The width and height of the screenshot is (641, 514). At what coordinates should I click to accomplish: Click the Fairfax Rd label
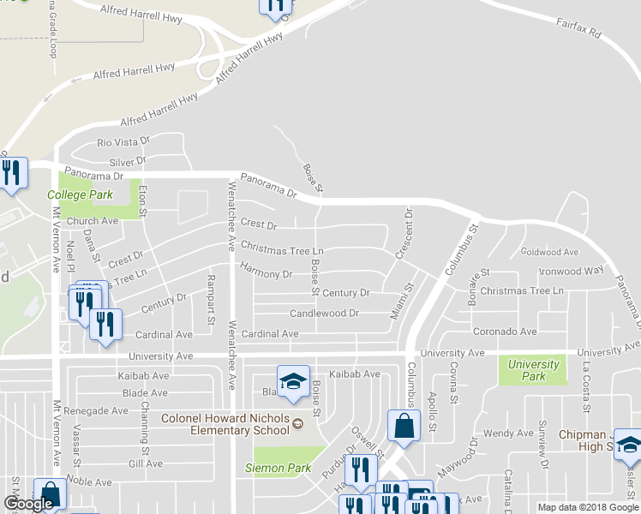pos(579,33)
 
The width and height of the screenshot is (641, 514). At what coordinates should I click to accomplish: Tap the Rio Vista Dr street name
pos(123,142)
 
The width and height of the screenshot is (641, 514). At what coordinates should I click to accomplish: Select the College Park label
pos(81,195)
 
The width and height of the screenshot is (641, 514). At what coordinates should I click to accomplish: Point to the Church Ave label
pos(98,220)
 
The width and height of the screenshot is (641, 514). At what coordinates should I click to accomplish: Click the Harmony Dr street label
pos(267,274)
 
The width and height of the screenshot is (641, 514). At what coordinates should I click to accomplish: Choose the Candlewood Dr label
pos(324,314)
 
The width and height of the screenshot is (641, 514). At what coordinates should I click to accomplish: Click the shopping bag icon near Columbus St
pos(403,426)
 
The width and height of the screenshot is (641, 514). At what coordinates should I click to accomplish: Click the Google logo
pos(29,505)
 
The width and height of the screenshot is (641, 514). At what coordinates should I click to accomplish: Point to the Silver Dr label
pos(129,162)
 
